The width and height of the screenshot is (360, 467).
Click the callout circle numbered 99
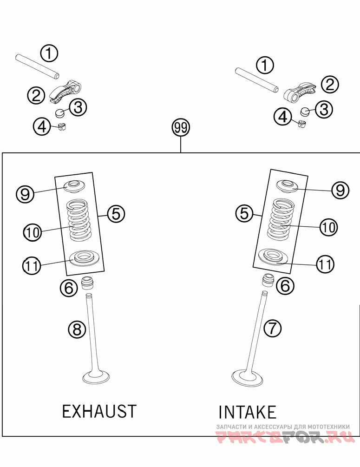click(x=181, y=127)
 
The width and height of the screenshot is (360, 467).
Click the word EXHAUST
click(x=99, y=411)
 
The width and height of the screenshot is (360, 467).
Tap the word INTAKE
click(x=247, y=412)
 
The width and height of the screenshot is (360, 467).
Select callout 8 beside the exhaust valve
click(x=77, y=329)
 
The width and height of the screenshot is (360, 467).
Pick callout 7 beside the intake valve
click(x=273, y=329)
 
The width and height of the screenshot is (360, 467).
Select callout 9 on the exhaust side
click(x=25, y=193)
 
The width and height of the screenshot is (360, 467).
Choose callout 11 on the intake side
click(x=325, y=264)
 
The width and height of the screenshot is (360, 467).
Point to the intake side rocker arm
click(x=299, y=89)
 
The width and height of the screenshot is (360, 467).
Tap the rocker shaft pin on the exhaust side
click(x=38, y=66)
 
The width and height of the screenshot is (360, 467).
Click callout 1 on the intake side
click(x=265, y=66)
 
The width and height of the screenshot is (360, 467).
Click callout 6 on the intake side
click(x=285, y=286)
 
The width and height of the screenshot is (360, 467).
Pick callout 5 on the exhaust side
click(x=116, y=214)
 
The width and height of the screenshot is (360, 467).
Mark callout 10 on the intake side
click(x=328, y=227)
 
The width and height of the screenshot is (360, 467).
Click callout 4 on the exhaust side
click(x=42, y=126)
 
